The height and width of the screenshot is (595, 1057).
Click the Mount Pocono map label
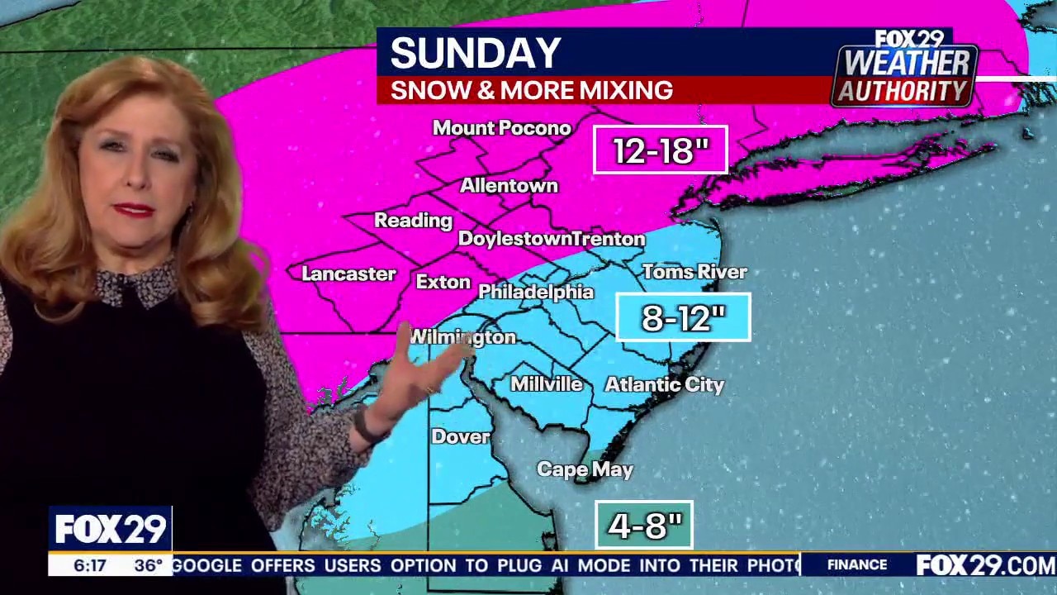502,128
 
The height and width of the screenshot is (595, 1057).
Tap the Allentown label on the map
509,186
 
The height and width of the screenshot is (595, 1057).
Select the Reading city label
414,221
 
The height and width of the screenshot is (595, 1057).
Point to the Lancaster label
348,274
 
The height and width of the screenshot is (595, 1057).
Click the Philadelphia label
536,292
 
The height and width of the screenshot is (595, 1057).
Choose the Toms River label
694,272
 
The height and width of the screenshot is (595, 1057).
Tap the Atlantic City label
665,384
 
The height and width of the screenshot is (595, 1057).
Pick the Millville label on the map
547,384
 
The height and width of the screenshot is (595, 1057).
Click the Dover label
461,436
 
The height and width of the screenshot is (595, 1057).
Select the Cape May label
585,469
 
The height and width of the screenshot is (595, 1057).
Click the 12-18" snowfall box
661,150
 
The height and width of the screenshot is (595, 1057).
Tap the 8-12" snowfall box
684,317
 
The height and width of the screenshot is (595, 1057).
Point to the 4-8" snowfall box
644,525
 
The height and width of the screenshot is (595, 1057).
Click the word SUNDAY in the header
476,54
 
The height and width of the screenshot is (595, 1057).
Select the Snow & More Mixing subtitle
532,90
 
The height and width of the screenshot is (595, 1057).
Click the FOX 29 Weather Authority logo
905,69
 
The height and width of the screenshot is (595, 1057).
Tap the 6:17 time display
90,566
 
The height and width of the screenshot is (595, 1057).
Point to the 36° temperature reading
149,566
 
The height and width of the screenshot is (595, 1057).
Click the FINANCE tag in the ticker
857,565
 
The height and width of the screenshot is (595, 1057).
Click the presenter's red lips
134,210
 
